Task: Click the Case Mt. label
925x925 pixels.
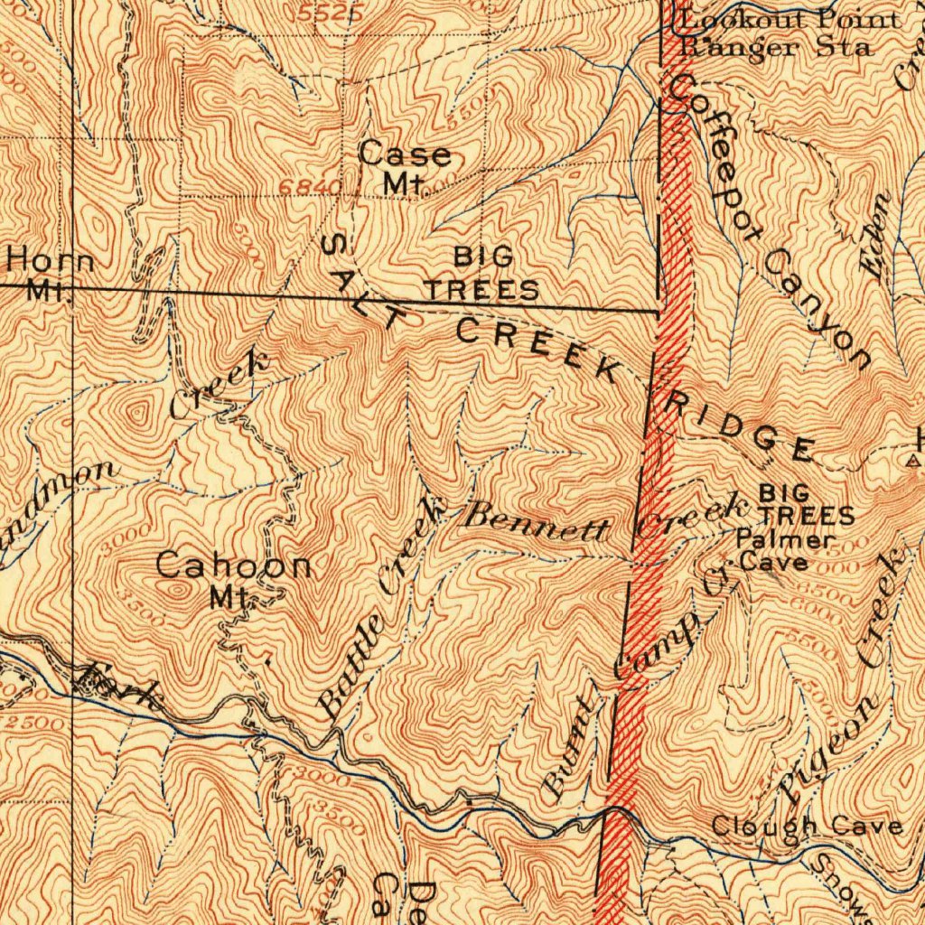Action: point(405,168)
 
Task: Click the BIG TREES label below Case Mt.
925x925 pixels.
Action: point(482,274)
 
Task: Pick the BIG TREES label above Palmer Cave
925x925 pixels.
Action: point(806,504)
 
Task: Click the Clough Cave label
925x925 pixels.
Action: point(806,826)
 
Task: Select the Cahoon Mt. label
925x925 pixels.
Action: point(234,578)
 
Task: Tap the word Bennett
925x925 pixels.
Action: point(534,521)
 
